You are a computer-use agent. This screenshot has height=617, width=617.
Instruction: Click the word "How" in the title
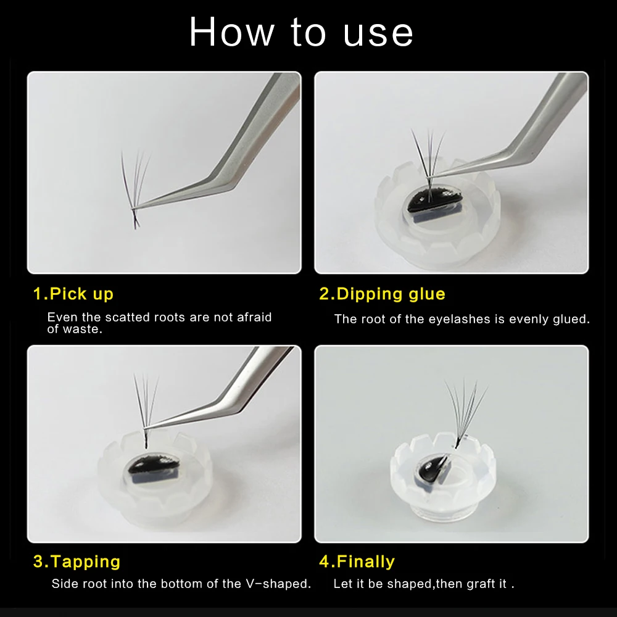point(232,32)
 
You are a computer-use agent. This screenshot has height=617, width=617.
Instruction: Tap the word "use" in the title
point(378,34)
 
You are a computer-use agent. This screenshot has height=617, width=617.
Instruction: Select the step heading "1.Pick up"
point(73,294)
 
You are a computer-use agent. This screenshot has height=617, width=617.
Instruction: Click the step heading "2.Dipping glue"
point(382,294)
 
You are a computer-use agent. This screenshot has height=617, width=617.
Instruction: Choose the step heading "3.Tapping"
point(77,562)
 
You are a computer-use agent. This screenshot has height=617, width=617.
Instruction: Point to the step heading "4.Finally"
point(357,562)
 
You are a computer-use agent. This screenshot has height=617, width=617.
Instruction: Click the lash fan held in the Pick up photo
point(135,189)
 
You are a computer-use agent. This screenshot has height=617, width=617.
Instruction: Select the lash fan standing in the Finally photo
point(465,413)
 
